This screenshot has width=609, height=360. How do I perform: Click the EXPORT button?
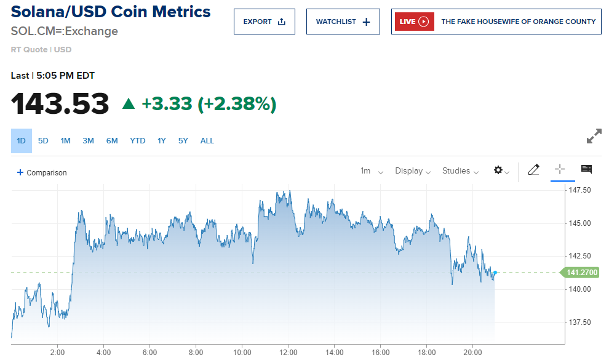264,22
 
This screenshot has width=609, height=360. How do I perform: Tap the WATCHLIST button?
343,22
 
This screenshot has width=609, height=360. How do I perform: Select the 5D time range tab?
43,141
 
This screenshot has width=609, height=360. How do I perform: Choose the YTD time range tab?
138,141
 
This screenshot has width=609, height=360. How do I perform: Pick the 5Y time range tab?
183,141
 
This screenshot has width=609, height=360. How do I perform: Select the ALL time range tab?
207,141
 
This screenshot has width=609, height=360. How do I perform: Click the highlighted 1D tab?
21,141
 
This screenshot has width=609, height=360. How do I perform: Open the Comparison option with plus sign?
42,173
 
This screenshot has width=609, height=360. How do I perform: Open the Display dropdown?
412,171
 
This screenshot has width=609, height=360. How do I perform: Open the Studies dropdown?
460,171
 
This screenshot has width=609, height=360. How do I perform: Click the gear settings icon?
499,170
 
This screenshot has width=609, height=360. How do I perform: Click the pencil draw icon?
533,170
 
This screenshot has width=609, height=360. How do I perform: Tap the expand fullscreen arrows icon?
594,137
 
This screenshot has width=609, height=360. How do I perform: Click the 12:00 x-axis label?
288,352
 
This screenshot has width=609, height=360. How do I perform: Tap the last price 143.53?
60,103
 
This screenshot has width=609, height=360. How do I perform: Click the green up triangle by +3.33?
128,103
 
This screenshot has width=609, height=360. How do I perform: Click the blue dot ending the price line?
495,272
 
